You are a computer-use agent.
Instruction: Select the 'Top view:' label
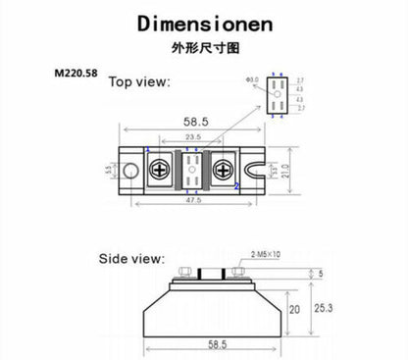[x=138, y=82]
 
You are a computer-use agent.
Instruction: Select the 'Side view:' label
[x=131, y=259]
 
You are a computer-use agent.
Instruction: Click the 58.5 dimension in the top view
[x=192, y=121]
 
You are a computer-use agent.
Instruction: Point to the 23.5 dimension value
[x=192, y=138]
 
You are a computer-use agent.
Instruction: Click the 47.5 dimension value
[x=192, y=202]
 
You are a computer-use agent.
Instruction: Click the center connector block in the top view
[x=193, y=169]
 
